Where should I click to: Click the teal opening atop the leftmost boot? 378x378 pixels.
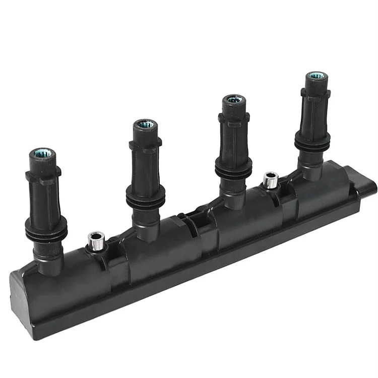pos(42,153)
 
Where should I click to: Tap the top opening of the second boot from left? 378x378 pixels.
pos(145,124)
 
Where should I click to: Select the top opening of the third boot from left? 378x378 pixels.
pos(234,99)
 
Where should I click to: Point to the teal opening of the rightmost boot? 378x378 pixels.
pos(317,76)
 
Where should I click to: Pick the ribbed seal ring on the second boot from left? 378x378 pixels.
pos(146,198)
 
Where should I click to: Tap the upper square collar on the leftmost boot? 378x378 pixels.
pos(43,175)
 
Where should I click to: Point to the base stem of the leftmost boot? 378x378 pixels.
pos(49,260)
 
